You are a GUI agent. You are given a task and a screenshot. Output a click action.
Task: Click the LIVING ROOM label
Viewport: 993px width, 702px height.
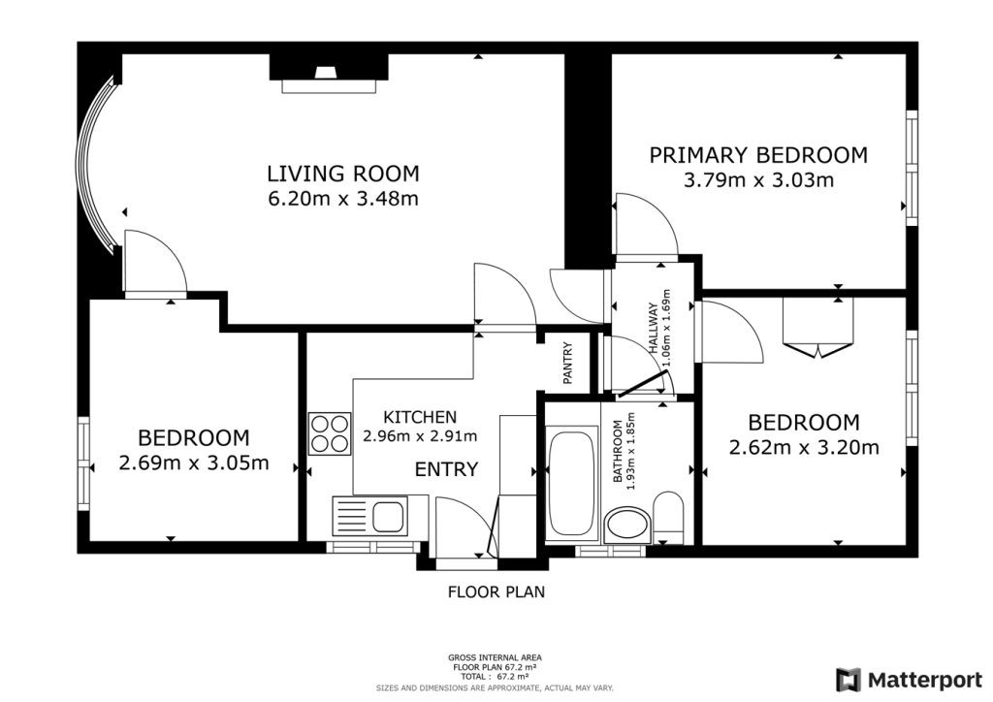click(343, 174)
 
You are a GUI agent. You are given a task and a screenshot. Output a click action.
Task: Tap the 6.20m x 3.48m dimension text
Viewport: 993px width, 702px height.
click(343, 200)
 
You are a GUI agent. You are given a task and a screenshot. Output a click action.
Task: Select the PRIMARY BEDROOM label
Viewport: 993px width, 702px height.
click(758, 155)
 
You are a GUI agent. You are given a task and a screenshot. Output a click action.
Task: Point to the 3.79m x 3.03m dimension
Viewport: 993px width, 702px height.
click(758, 180)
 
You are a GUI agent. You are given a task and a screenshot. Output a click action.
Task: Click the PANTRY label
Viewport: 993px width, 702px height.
click(569, 363)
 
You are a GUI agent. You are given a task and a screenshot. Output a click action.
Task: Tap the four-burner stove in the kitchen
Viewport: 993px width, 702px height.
click(329, 433)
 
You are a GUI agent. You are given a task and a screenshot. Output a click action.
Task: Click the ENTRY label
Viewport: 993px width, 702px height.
click(446, 470)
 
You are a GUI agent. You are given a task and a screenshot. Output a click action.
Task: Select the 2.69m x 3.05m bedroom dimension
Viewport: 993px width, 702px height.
click(193, 463)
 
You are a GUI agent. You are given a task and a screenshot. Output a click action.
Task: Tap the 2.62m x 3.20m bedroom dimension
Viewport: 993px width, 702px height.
click(803, 448)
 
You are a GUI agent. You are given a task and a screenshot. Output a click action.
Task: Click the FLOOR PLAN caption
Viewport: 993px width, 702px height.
click(496, 591)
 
